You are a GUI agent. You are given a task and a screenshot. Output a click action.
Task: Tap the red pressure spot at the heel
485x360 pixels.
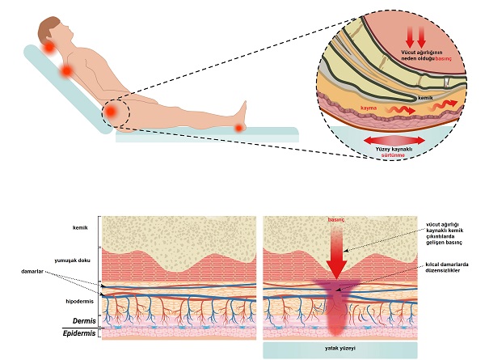(x=238, y=127)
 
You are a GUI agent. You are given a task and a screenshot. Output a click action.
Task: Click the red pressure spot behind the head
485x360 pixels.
(x=49, y=49)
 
